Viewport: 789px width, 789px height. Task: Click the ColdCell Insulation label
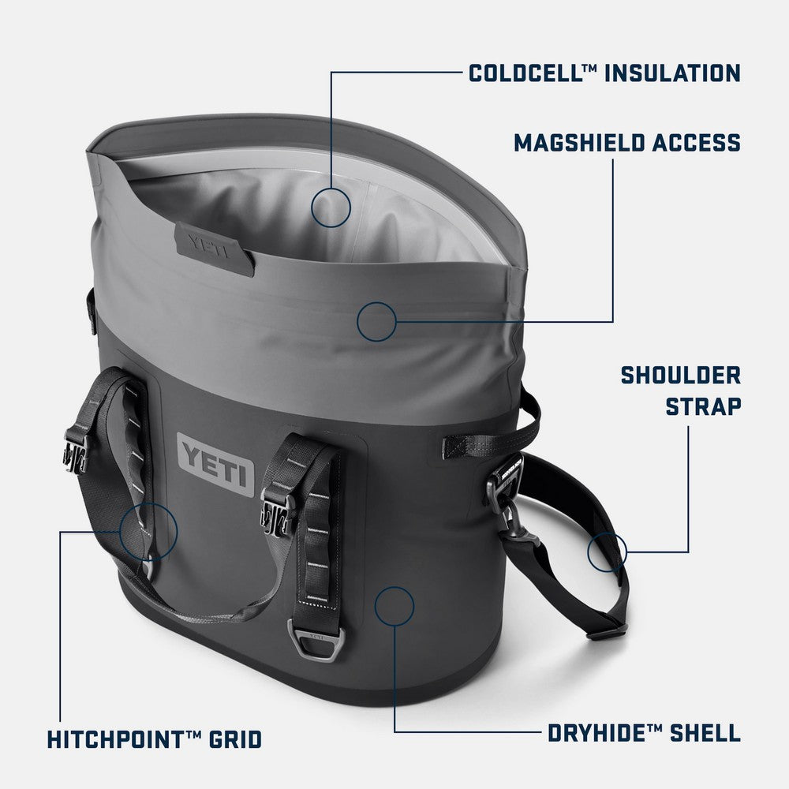(604, 73)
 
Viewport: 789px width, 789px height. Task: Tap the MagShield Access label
(627, 143)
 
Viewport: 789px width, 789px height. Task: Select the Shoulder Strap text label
(680, 391)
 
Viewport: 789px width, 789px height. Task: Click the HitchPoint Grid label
(154, 740)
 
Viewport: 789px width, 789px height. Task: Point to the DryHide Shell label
(644, 733)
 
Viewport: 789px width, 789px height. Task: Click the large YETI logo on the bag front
(215, 465)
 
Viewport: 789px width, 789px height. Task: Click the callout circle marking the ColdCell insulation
(331, 208)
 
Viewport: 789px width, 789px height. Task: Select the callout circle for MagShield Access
(376, 321)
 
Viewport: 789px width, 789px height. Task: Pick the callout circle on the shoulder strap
(607, 551)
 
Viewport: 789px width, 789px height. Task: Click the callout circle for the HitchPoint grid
(149, 532)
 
